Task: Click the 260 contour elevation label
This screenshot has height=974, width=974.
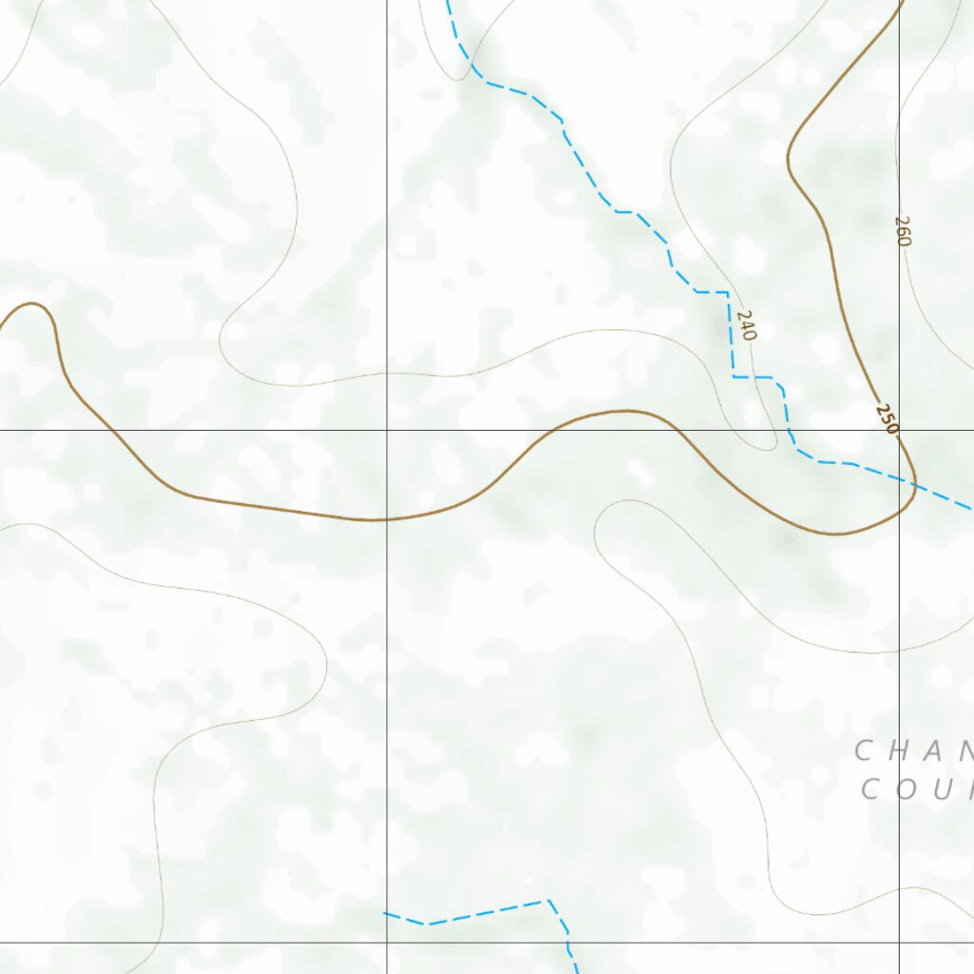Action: pyautogui.click(x=903, y=231)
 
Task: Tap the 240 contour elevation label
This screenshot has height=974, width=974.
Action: pyautogui.click(x=746, y=325)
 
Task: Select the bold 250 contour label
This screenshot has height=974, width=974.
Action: pyautogui.click(x=886, y=419)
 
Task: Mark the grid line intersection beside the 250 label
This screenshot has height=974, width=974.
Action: pyautogui.click(x=900, y=430)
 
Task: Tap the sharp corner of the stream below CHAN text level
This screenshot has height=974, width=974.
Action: pyautogui.click(x=549, y=900)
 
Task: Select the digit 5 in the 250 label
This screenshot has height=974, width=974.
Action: pyautogui.click(x=886, y=419)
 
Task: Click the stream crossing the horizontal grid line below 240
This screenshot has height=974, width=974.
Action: pyautogui.click(x=789, y=430)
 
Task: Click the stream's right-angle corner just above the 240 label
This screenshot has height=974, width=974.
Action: pyautogui.click(x=728, y=291)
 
